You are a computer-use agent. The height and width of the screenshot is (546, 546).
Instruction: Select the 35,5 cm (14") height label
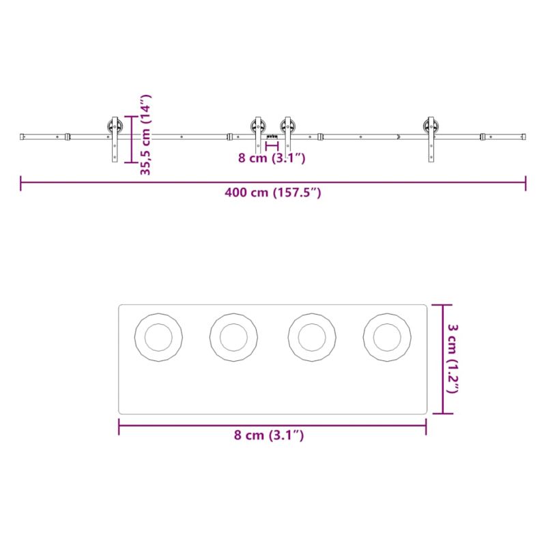(145, 134)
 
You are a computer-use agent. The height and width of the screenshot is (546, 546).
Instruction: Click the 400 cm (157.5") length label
(272, 192)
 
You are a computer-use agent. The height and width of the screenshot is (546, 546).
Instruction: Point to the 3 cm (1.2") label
(452, 359)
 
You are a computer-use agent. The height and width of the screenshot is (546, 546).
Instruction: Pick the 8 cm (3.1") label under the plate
(269, 435)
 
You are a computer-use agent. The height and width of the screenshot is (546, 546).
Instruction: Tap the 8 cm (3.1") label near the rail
(272, 158)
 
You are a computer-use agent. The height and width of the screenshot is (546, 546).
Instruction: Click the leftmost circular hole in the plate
(158, 337)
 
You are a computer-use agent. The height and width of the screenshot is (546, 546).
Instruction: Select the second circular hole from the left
(233, 337)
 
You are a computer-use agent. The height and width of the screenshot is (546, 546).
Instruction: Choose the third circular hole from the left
(312, 337)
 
